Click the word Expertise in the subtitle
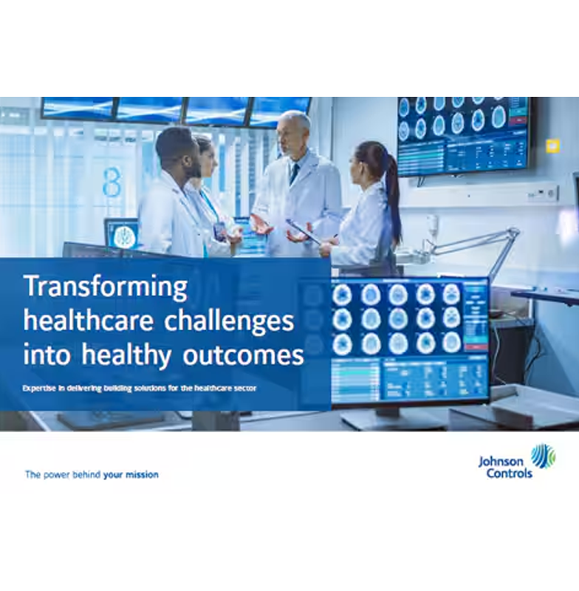[x=42, y=388]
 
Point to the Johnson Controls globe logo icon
[x=543, y=455]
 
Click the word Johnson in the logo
[x=500, y=462]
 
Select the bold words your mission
[x=131, y=475]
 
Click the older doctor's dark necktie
[x=295, y=174]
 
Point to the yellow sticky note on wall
[x=552, y=146]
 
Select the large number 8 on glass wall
[x=112, y=181]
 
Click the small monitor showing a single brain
[x=121, y=234]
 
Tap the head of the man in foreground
[x=175, y=148]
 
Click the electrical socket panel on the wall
[x=542, y=194]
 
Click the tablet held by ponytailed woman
[x=304, y=232]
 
